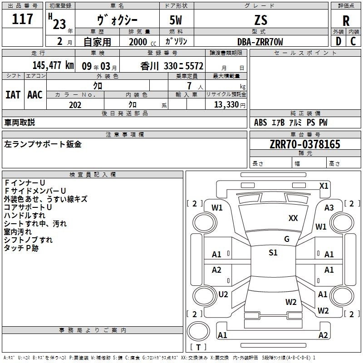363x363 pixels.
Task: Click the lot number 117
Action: point(23,20)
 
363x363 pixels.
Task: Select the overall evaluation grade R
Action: point(346,21)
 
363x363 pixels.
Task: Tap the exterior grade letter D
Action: point(338,41)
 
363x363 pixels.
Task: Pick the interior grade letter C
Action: point(353,41)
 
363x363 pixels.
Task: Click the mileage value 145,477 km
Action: point(53,65)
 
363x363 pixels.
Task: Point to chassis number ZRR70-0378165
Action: point(304,145)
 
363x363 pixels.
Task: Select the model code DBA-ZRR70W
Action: point(260,42)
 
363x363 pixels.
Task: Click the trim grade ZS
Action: point(261,20)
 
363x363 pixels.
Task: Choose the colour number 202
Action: point(75,105)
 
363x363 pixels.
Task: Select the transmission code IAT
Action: point(13,95)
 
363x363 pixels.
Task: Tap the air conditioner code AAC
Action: point(35,95)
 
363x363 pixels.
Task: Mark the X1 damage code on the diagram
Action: point(324,186)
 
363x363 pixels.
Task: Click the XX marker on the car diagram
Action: point(293,218)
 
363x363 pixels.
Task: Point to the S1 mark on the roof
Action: point(273,253)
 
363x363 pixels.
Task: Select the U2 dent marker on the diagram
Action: point(223,294)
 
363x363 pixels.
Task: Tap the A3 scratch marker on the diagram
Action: point(329,208)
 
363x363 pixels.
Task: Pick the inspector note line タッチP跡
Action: point(21,248)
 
